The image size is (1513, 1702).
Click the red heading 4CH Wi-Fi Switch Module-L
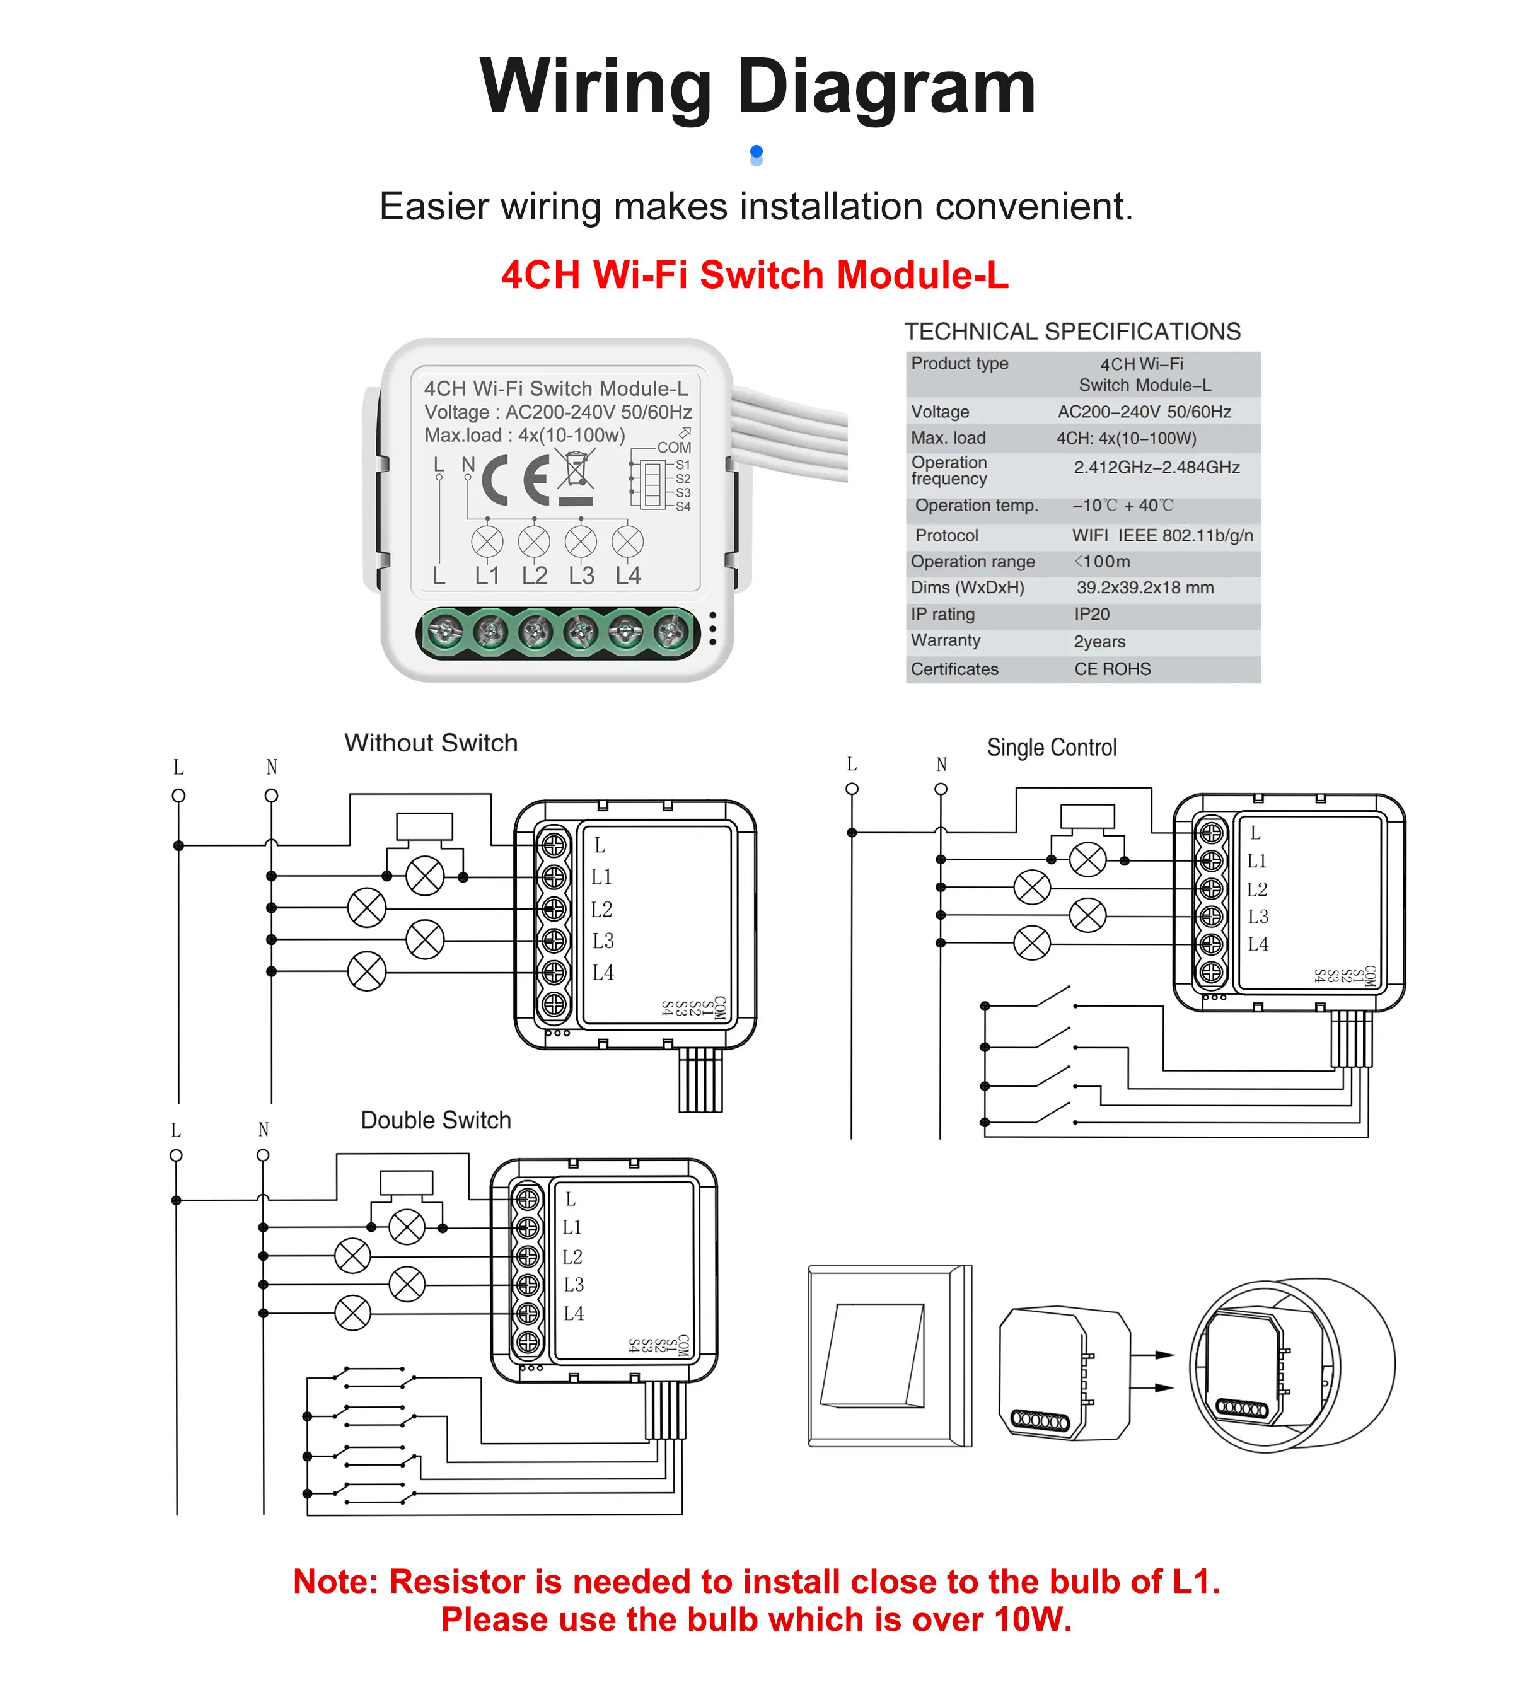pyautogui.click(x=755, y=275)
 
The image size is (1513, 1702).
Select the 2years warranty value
pyautogui.click(x=1099, y=641)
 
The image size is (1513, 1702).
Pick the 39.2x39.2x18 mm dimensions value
pyautogui.click(x=1144, y=588)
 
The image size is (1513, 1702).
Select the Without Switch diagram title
pyautogui.click(x=431, y=743)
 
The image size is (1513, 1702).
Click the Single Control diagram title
pyautogui.click(x=1051, y=748)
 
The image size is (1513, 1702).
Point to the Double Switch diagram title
pyautogui.click(x=436, y=1120)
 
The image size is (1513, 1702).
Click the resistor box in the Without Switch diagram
pyautogui.click(x=425, y=826)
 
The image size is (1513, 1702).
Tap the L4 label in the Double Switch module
pyautogui.click(x=573, y=1313)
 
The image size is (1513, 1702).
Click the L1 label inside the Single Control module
pyautogui.click(x=1256, y=861)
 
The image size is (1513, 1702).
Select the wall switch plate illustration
pyautogui.click(x=890, y=1355)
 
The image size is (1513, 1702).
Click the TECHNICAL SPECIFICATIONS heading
pyautogui.click(x=1072, y=332)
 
